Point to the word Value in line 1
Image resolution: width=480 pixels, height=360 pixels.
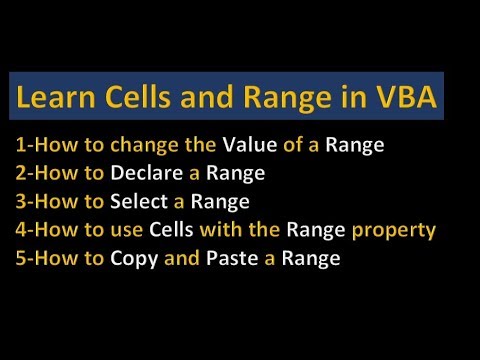tap(250, 144)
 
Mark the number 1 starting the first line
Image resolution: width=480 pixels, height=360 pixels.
tap(19, 144)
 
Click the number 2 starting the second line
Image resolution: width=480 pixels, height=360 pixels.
tap(19, 173)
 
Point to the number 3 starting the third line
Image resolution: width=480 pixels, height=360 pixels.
tap(19, 201)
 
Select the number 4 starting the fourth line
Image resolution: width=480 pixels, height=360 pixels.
tap(19, 230)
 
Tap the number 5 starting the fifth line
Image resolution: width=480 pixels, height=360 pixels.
tap(19, 259)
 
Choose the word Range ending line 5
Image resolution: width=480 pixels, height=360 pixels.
tap(312, 259)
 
